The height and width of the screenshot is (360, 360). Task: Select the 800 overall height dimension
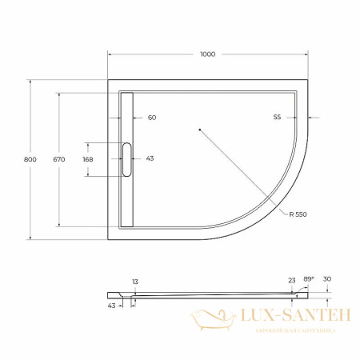pos(30,159)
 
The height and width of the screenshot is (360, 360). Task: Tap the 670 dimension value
pos(58,159)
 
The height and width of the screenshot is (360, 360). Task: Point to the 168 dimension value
pos(88,158)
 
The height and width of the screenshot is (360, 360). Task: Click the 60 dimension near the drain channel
pos(152,118)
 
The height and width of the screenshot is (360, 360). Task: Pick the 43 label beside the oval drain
pos(150,158)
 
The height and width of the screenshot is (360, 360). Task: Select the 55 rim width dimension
pos(277,118)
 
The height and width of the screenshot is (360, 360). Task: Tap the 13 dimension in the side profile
pos(135,281)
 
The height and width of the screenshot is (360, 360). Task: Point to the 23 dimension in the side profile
pos(290,280)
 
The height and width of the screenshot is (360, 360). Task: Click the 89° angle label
pos(308,278)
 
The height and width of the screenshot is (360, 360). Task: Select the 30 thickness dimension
pos(328,280)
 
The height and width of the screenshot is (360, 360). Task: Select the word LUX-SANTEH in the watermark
pos(290,318)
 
